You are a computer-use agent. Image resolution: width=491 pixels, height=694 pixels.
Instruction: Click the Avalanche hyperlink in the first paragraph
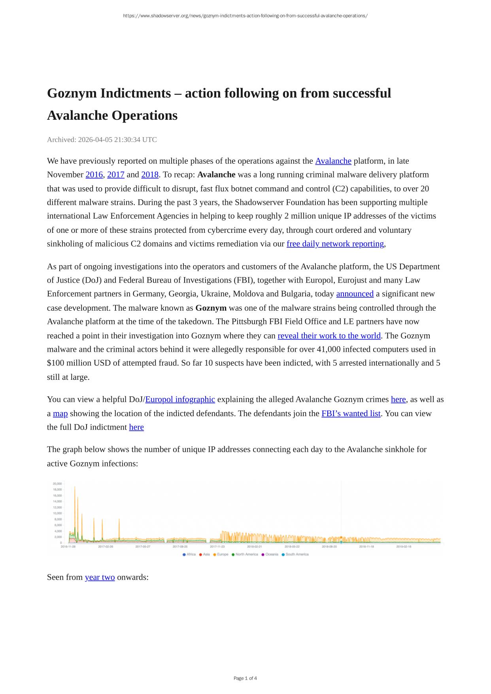click(x=333, y=161)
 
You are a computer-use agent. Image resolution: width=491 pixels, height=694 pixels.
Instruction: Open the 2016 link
click(x=94, y=175)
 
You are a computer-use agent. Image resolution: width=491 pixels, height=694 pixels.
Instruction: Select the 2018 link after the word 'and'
click(x=150, y=175)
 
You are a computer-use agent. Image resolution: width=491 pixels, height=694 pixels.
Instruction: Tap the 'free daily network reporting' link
click(x=335, y=244)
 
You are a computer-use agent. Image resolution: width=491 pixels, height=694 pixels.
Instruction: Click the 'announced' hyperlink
click(x=355, y=294)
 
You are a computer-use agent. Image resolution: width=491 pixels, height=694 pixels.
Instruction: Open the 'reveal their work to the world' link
click(x=329, y=336)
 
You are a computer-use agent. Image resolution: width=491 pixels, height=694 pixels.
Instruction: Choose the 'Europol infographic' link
click(x=180, y=400)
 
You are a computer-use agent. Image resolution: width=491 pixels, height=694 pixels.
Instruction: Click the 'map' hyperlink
click(x=60, y=413)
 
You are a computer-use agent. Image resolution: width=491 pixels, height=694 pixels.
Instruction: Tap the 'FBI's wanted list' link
click(x=351, y=413)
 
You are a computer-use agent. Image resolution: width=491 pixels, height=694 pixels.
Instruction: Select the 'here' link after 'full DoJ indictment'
click(x=136, y=427)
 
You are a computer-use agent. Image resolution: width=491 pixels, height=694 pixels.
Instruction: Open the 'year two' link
click(x=100, y=577)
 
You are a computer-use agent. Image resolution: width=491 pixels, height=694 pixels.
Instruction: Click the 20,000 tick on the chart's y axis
click(x=57, y=484)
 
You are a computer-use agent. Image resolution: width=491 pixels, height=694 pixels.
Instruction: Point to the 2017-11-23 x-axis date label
click(x=217, y=547)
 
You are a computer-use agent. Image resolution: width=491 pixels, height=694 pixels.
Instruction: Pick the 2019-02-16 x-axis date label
click(x=404, y=547)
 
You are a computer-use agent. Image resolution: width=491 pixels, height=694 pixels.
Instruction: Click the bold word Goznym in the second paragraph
click(x=211, y=308)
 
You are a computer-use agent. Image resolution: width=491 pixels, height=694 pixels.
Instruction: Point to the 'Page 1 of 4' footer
click(x=245, y=678)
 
